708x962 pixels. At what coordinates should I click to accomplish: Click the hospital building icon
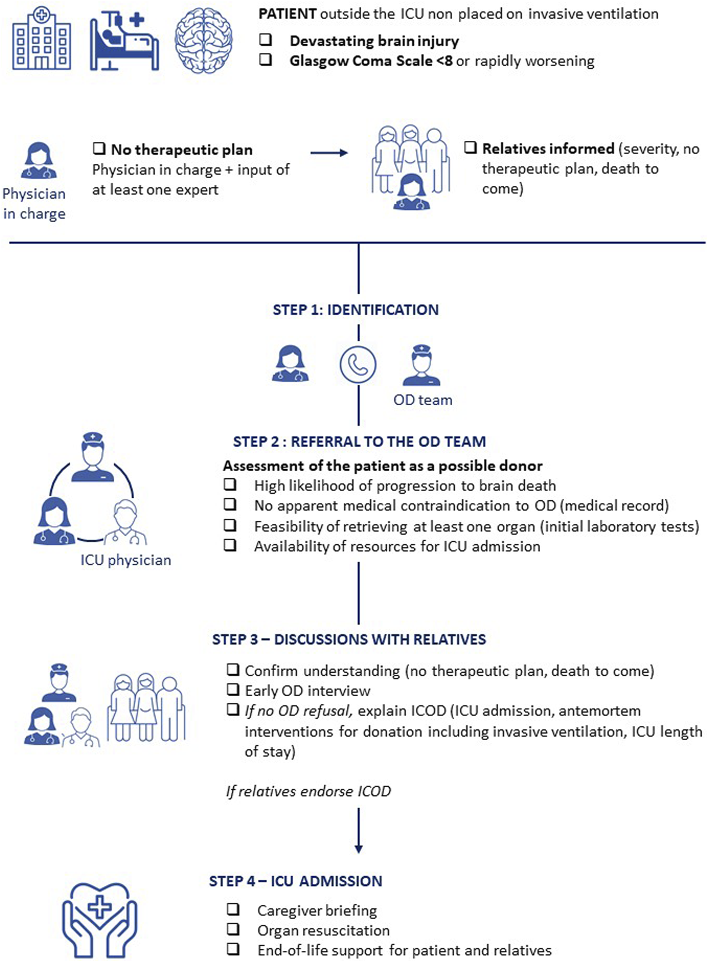(x=42, y=40)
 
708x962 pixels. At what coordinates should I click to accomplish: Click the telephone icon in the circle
(x=358, y=364)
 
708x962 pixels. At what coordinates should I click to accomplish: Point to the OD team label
(x=423, y=400)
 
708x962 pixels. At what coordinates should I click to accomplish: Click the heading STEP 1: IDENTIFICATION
(x=356, y=310)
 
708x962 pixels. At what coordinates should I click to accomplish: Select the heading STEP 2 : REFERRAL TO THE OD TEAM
(x=359, y=442)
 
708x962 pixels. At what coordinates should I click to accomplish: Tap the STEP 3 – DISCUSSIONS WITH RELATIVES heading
(x=349, y=639)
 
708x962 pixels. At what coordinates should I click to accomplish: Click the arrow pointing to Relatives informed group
(x=329, y=153)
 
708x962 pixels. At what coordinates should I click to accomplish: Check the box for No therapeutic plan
(x=99, y=149)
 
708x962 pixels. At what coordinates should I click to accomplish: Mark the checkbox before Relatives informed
(x=471, y=148)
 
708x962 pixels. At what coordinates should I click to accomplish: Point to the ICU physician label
(x=125, y=560)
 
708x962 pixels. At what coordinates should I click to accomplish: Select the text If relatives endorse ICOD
(x=308, y=791)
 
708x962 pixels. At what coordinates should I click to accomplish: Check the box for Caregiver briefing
(x=234, y=909)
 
